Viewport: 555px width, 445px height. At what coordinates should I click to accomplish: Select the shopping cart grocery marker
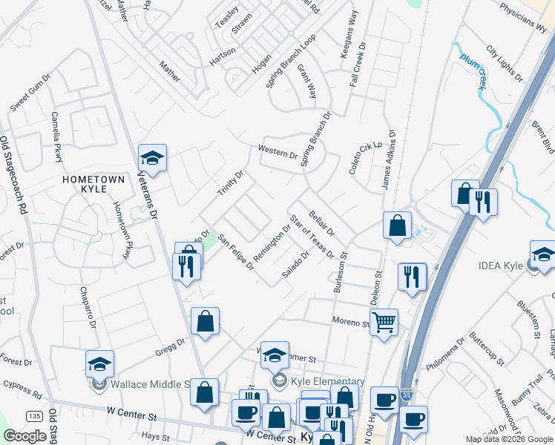point(384,321)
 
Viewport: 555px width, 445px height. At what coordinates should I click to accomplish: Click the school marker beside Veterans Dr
point(152,158)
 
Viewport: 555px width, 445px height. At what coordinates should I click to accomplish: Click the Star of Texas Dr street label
point(313,237)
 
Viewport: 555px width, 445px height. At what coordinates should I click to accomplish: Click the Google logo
point(25,435)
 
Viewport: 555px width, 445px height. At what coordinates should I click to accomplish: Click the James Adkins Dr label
point(389,162)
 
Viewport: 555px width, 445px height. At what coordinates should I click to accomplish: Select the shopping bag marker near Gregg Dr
point(206,321)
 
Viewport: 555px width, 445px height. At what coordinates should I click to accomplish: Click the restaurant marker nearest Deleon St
point(410,276)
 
